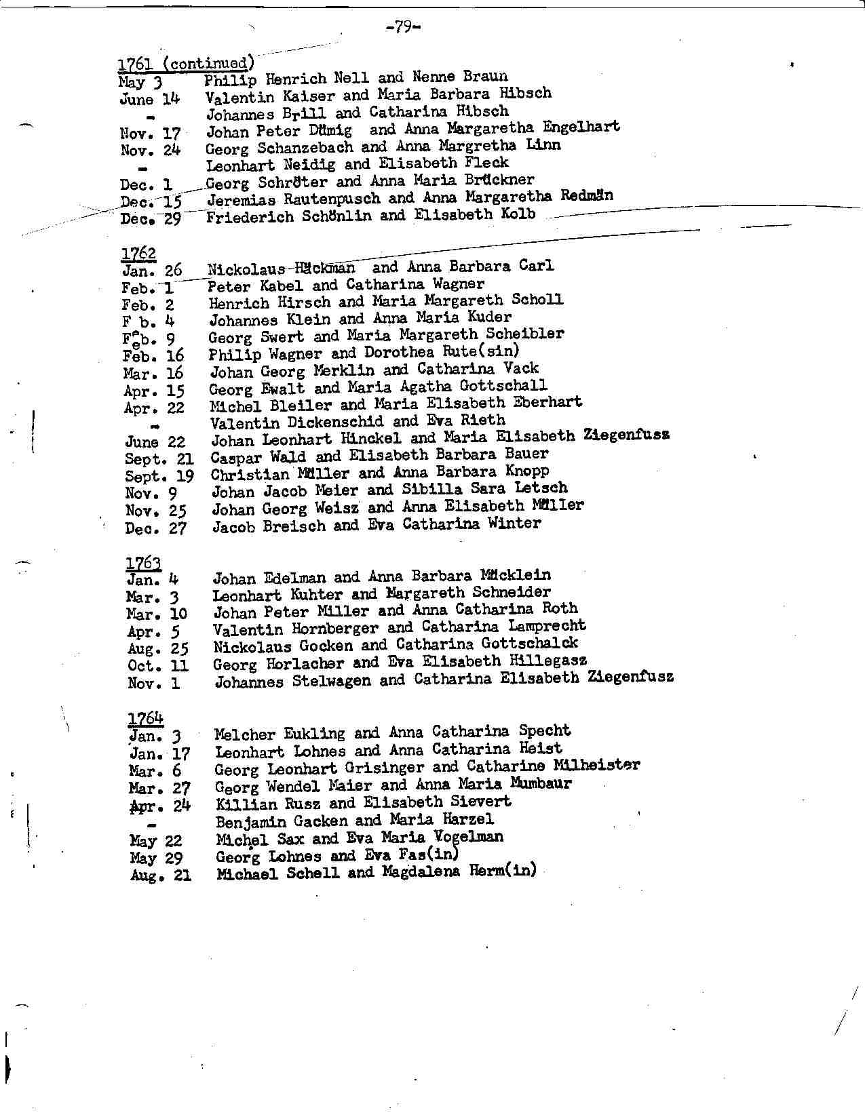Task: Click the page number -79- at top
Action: click(402, 27)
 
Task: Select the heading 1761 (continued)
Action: click(187, 64)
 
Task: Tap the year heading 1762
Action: click(138, 254)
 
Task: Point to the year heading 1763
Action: click(143, 563)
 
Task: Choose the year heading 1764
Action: click(145, 718)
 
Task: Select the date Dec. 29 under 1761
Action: click(151, 218)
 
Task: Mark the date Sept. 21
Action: click(159, 459)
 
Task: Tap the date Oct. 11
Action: click(158, 665)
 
